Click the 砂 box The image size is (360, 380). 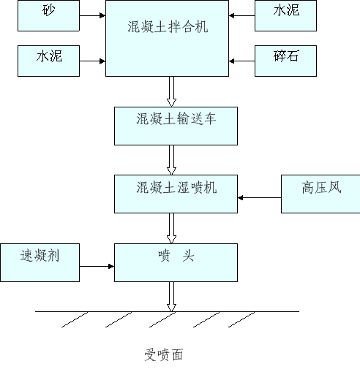(x=48, y=15)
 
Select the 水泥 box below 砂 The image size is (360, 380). (x=48, y=61)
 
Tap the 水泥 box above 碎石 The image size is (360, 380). (x=285, y=15)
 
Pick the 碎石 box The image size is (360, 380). (x=285, y=61)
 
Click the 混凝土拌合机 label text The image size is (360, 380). (x=168, y=26)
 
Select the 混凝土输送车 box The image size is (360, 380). (x=176, y=126)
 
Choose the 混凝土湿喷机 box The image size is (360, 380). (x=176, y=194)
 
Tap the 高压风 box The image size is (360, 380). (x=320, y=194)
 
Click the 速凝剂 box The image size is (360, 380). (x=40, y=262)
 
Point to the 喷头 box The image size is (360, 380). (x=176, y=262)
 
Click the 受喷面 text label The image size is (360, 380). (x=163, y=354)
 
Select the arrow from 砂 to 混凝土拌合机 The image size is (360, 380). (x=92, y=15)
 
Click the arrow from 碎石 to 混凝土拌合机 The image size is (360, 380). (x=241, y=61)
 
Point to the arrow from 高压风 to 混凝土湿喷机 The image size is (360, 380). (x=260, y=197)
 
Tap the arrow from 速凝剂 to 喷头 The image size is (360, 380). (x=97, y=266)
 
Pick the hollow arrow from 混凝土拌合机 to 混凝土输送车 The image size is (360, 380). (x=171, y=91)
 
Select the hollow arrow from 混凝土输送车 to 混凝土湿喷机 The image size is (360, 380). (x=171, y=160)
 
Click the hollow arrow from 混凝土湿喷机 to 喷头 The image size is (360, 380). (x=171, y=228)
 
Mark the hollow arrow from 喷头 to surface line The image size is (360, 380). (x=171, y=297)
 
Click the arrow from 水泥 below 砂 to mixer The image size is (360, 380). (x=92, y=61)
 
